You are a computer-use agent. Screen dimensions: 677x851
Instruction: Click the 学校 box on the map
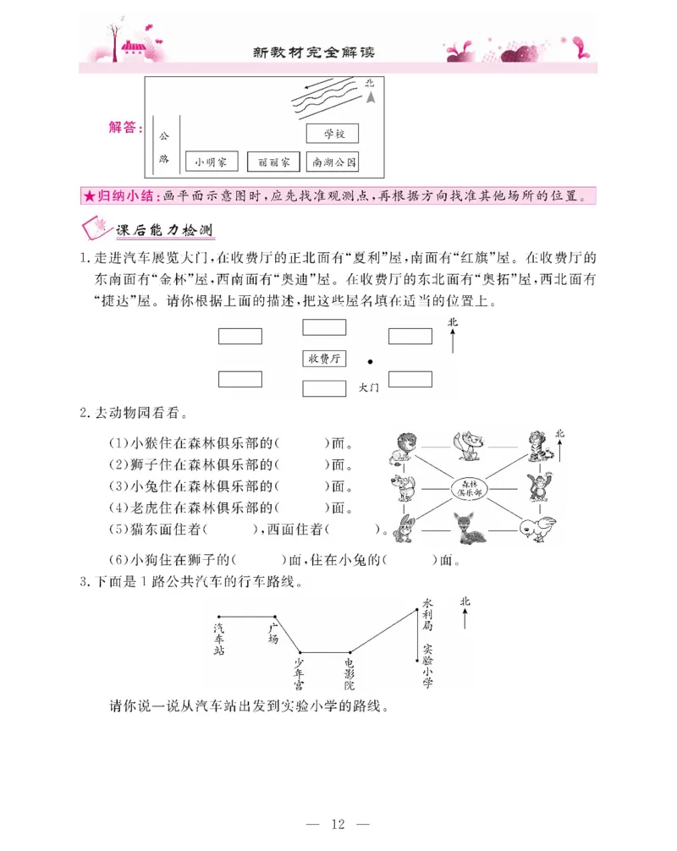point(332,134)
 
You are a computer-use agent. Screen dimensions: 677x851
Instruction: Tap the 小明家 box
point(211,161)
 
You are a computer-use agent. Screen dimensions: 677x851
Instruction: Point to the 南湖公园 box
point(333,161)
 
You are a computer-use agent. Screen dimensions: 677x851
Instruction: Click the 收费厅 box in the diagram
point(324,359)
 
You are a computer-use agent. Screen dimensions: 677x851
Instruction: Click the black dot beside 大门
point(370,361)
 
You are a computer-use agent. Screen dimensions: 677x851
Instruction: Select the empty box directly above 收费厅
point(324,327)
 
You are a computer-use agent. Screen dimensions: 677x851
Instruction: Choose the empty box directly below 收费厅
point(324,388)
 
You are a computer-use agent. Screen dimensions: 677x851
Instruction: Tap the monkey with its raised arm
point(536,490)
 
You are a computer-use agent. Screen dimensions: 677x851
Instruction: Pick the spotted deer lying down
point(467,530)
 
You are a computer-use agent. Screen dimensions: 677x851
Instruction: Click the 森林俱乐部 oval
point(468,489)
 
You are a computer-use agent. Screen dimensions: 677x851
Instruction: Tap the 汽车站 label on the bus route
point(219,640)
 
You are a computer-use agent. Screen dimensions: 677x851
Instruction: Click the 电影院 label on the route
point(350,675)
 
